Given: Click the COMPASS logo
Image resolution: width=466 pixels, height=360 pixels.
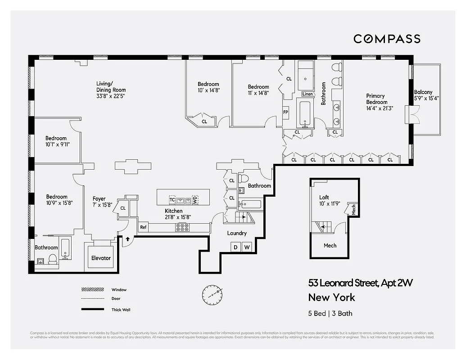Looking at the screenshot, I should coord(387,39).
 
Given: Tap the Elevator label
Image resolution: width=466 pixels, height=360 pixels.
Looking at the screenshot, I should coord(101,258).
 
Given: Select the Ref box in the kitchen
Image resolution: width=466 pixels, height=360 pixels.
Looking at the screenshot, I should coord(143,227).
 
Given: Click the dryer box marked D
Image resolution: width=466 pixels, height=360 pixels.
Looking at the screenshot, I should coord(235,247).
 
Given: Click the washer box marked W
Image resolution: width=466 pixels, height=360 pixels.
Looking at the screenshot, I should coord(246,247).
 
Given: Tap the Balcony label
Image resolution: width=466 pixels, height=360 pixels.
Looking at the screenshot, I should coord(423,92).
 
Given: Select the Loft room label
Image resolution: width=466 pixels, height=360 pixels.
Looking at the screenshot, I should coord(324,197).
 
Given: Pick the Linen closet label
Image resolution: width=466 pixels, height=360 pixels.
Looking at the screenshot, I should coord(308,94).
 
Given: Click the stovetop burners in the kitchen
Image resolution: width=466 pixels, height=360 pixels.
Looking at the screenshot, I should coord(182,228).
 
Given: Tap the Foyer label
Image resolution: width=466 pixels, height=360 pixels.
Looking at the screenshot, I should coord(99,198).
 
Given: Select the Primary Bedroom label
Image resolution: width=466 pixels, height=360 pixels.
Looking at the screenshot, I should coord(376,99).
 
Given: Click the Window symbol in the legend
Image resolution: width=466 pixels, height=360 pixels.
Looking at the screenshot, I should coord(92,289).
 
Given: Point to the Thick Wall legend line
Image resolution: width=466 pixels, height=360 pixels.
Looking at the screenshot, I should coord(92,309).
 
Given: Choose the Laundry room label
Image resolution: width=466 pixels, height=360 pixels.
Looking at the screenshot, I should coord(236,233).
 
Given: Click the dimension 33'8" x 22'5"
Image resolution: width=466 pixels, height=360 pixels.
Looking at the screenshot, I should coord(110,96).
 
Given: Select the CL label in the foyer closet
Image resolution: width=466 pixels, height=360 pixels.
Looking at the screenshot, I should coord(123,208).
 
